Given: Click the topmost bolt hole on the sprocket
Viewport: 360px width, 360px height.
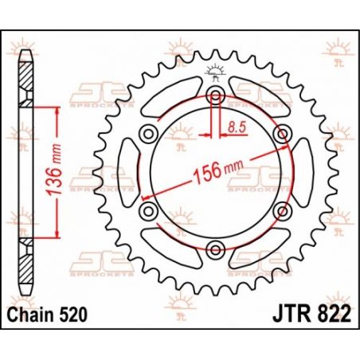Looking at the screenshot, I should [x=214, y=96].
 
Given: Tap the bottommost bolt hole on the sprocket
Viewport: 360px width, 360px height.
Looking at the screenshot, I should [x=214, y=251].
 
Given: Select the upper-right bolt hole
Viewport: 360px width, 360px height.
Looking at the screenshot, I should [x=281, y=135].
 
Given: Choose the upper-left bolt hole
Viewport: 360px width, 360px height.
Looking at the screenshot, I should [x=147, y=135].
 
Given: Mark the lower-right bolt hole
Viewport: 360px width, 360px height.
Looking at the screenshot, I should [x=281, y=212].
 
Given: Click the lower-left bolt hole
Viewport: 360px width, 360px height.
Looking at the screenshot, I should [x=147, y=212].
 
